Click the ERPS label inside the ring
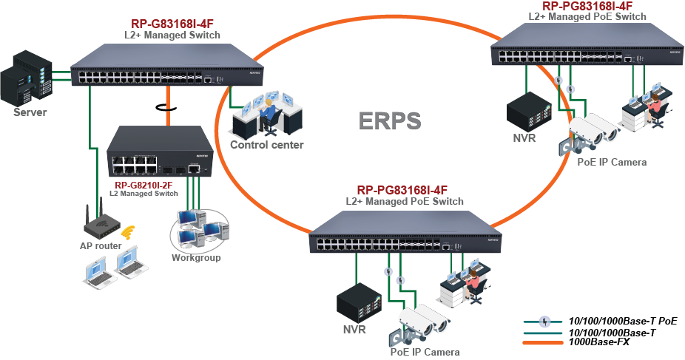coord(390,120)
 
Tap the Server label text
coord(30,112)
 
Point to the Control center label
coord(266,145)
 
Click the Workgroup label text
coord(196,258)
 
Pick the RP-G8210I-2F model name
coord(144,186)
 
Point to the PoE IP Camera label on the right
coord(612,163)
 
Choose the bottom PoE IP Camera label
coord(425,352)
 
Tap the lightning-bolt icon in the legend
coord(545,322)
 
